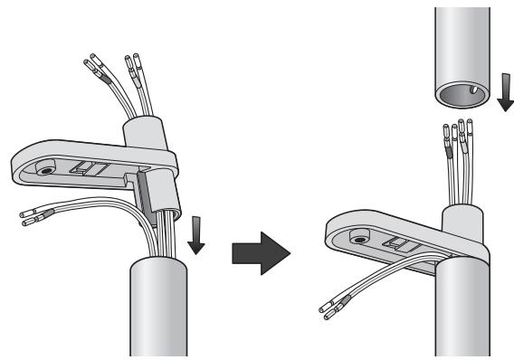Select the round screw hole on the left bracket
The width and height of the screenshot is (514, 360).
(43, 168)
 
